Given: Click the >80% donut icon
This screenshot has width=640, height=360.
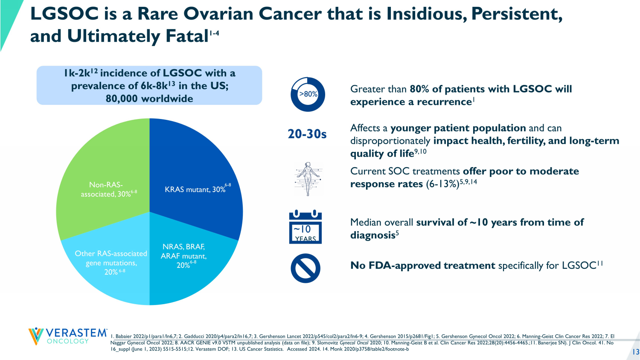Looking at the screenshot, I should click(x=308, y=94).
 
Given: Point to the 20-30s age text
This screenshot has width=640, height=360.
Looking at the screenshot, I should click(x=307, y=134).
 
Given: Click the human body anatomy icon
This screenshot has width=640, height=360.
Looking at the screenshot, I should click(x=308, y=179).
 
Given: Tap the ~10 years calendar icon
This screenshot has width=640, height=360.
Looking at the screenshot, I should click(x=305, y=227).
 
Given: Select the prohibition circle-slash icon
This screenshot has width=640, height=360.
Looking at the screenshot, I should click(x=305, y=268).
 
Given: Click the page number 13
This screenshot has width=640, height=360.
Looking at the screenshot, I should click(x=636, y=352).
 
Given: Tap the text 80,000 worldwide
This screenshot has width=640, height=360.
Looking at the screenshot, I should click(x=149, y=99).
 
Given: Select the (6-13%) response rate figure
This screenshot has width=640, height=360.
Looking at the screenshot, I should click(x=442, y=184).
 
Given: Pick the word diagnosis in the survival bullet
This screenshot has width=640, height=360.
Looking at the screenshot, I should click(x=372, y=235).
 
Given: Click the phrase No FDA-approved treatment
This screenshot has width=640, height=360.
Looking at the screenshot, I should click(x=423, y=266).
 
